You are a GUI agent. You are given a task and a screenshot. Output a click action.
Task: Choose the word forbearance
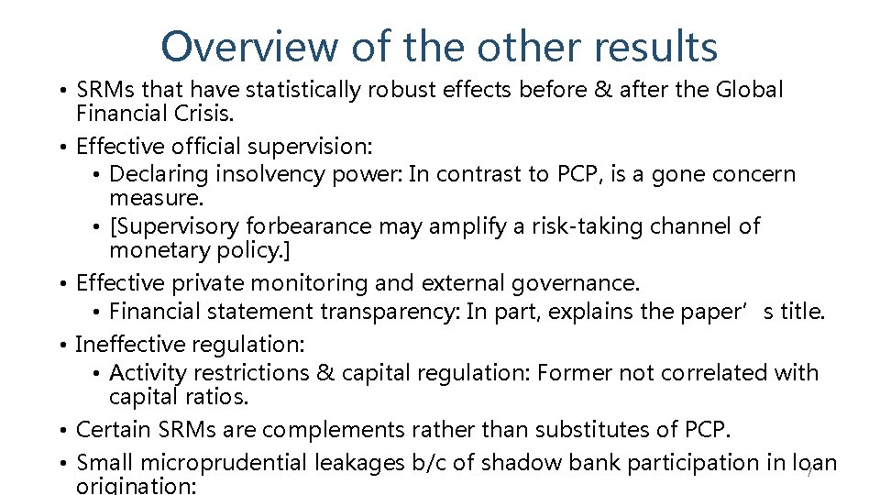pyautogui.click(x=316, y=225)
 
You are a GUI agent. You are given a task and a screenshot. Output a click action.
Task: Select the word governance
pyautogui.click(x=576, y=282)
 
